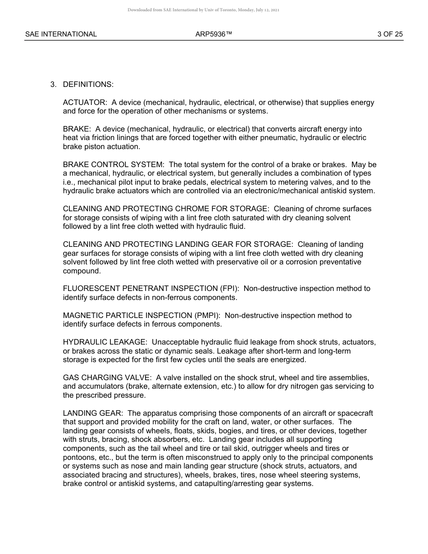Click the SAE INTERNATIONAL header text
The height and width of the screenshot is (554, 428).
click(x=61, y=34)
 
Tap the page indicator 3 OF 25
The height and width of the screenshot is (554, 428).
click(x=390, y=34)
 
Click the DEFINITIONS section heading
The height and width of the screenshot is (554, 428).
click(x=88, y=85)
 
